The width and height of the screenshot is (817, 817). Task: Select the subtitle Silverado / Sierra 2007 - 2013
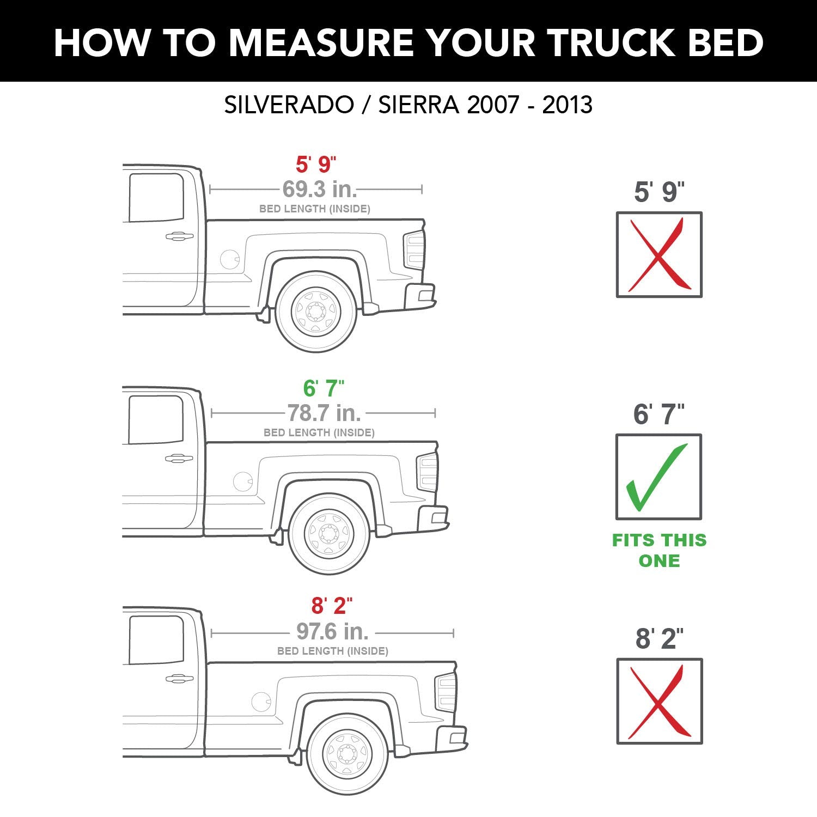pyautogui.click(x=408, y=105)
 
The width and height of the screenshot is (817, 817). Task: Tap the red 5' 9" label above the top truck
pyautogui.click(x=316, y=164)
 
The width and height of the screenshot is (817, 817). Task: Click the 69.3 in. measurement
pyautogui.click(x=320, y=189)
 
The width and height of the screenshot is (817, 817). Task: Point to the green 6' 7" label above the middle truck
pyautogui.click(x=324, y=388)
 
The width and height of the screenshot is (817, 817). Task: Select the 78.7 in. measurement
pyautogui.click(x=324, y=413)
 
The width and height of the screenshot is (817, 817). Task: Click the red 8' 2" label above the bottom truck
pyautogui.click(x=332, y=606)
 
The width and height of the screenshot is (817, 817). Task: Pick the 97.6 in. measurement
pyautogui.click(x=333, y=631)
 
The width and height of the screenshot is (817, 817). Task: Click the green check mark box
pyautogui.click(x=659, y=477)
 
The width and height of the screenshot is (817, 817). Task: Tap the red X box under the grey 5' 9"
pyautogui.click(x=659, y=255)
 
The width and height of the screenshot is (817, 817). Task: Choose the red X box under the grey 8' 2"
pyautogui.click(x=660, y=702)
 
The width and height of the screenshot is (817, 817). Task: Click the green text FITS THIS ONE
pyautogui.click(x=659, y=550)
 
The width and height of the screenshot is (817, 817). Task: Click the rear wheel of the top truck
pyautogui.click(x=316, y=312)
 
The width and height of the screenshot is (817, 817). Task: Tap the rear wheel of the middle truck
pyautogui.click(x=329, y=533)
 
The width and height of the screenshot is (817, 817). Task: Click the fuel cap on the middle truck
pyautogui.click(x=243, y=481)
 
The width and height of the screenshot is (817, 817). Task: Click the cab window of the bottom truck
pyautogui.click(x=156, y=639)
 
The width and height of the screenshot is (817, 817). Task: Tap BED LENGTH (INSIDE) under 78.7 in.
pyautogui.click(x=319, y=432)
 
